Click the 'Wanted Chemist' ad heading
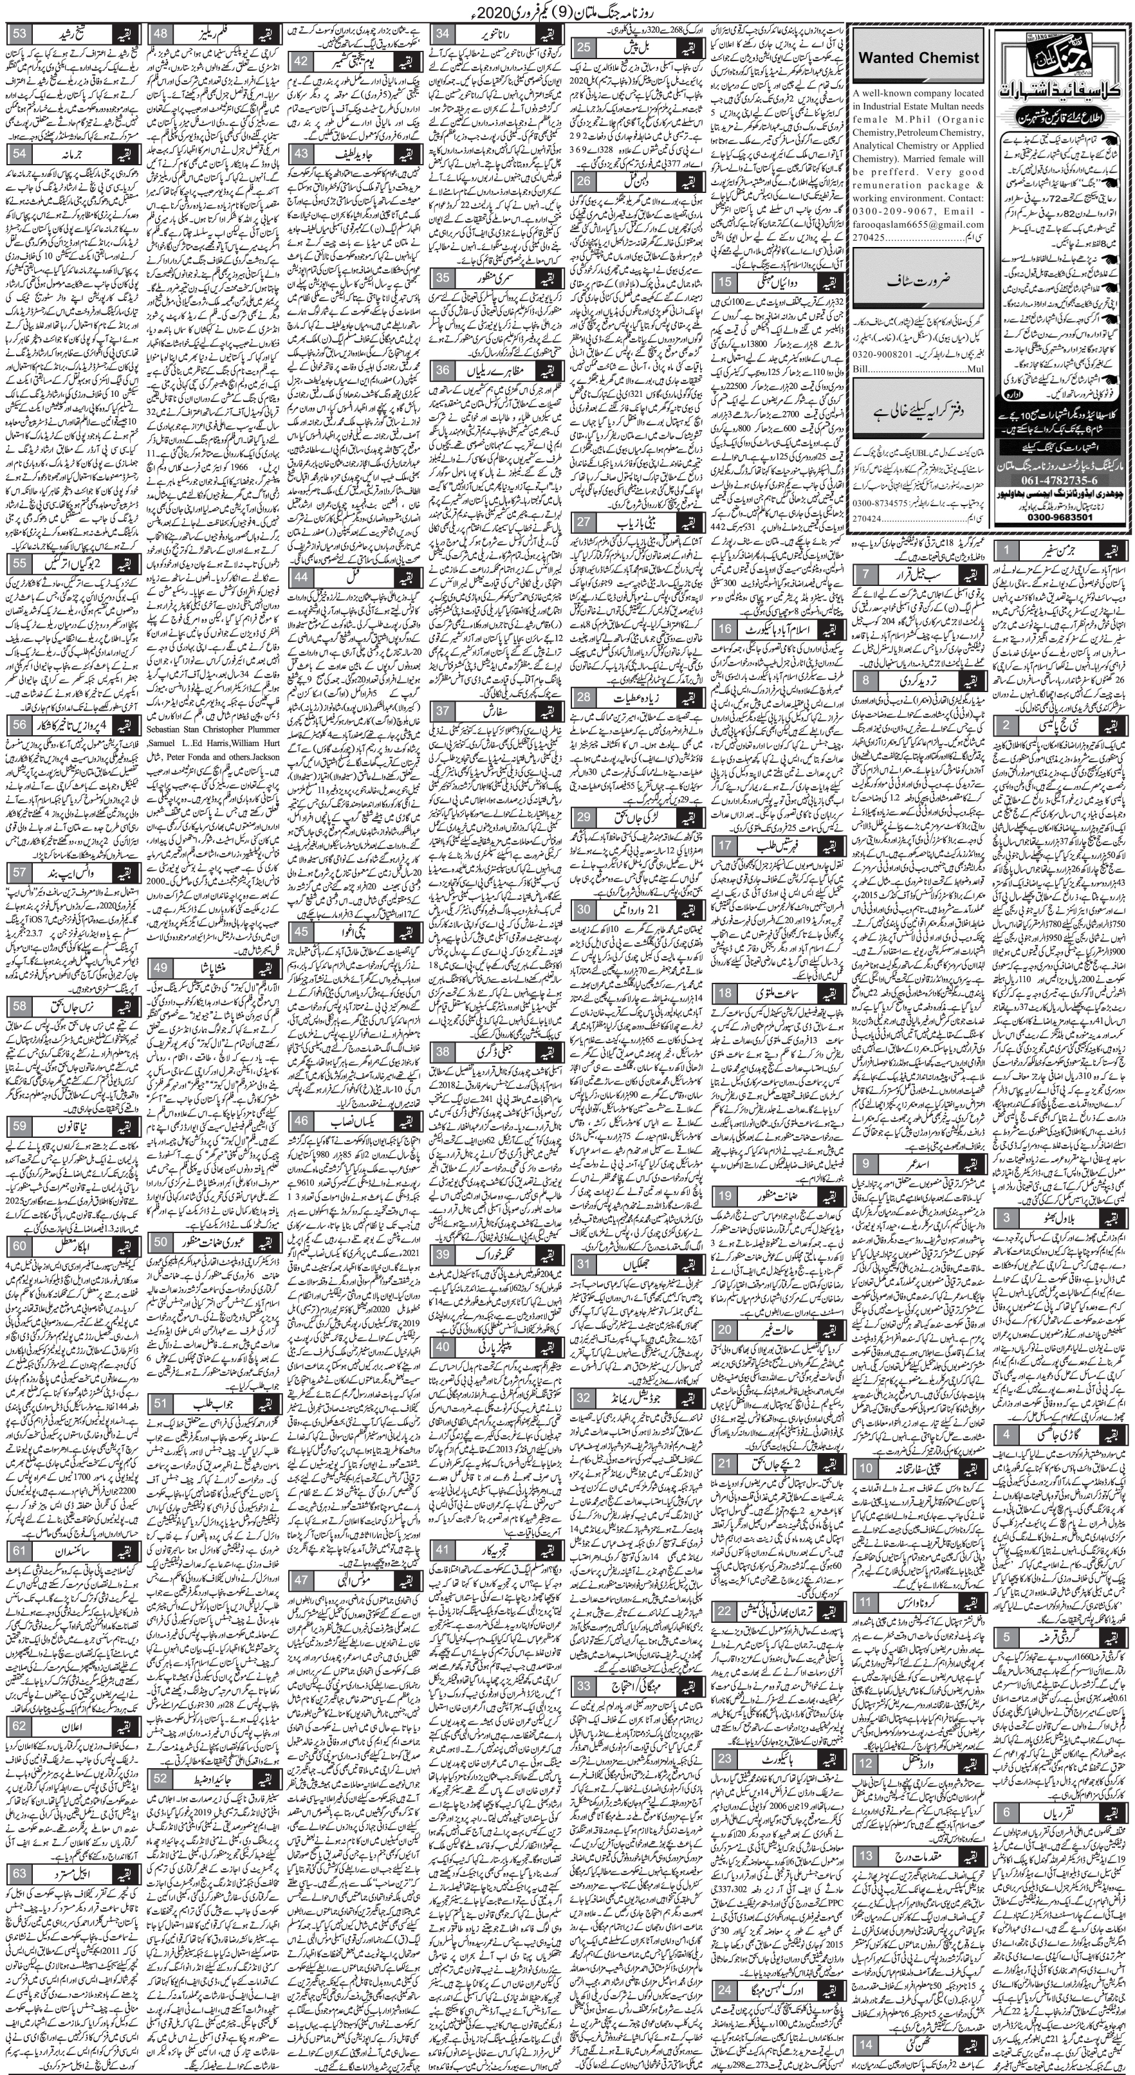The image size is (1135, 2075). tap(919, 57)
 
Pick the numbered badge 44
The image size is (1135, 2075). tap(302, 577)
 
